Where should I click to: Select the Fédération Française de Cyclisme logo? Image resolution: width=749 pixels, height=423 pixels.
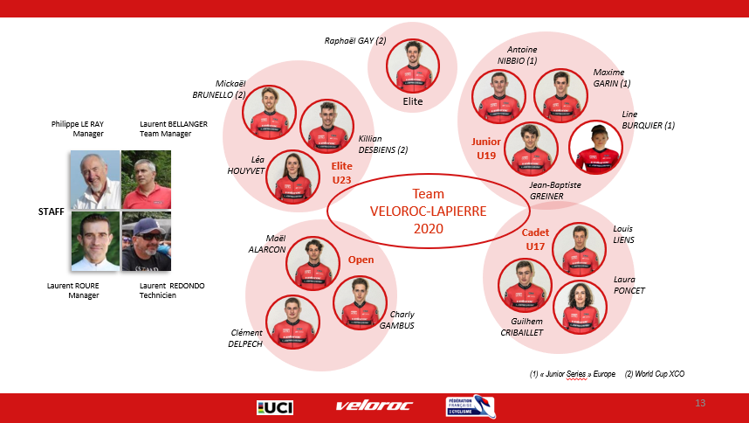470,407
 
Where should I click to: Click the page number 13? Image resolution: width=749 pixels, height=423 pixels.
699,403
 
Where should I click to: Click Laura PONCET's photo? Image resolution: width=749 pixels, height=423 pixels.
580,307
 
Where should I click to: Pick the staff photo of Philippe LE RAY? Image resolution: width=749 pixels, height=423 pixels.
95,180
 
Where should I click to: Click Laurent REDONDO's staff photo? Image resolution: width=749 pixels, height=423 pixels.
146,241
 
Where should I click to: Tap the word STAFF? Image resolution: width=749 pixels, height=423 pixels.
52,211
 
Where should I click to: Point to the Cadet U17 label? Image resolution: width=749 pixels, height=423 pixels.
535,240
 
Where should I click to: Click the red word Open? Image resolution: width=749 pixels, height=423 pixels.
361,260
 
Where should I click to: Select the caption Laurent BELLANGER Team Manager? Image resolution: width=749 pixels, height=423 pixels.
173,128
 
